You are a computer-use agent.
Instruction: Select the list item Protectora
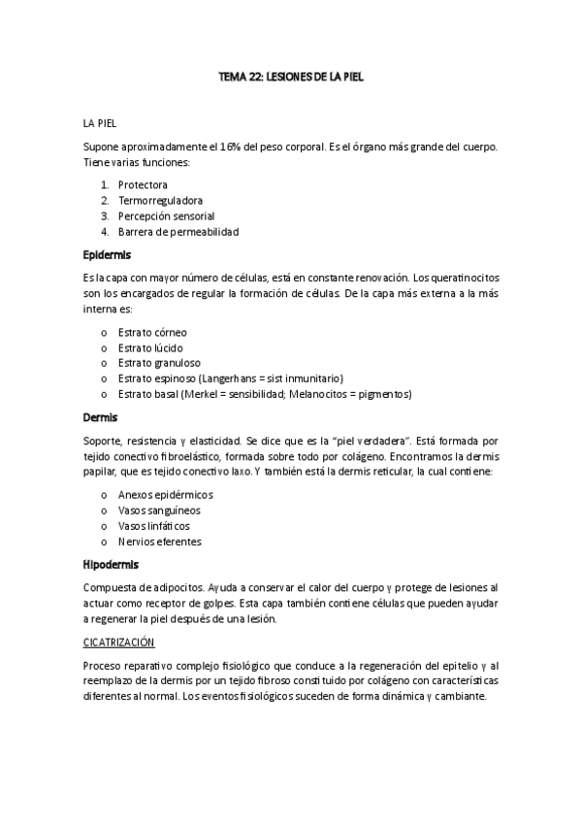pos(143,184)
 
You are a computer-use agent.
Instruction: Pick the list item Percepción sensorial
pos(166,215)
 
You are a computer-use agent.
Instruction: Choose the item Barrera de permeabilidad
pos(178,231)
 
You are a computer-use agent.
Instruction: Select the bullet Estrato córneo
pos(152,332)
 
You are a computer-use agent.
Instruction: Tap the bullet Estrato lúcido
pos(149,347)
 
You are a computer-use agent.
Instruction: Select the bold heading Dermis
pos(100,418)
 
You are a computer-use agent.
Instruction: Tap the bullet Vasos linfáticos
pos(153,525)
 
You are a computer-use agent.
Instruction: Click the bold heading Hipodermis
pos(111,564)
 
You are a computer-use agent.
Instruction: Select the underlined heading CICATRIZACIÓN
pos(119,642)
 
